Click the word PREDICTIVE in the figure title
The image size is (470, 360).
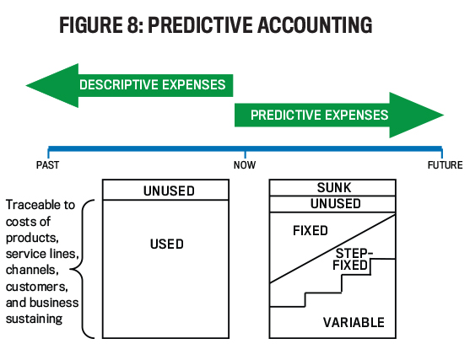point(200,24)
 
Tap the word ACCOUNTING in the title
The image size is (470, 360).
point(315,24)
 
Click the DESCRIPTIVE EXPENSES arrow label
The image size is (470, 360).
point(152,85)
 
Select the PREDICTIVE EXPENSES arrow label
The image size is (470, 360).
point(319,115)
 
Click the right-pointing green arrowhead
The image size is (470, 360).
point(416,116)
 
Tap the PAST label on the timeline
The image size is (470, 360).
point(47,165)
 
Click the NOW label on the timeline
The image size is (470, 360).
point(245,165)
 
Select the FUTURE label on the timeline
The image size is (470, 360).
point(445,165)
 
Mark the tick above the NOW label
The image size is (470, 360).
point(246,154)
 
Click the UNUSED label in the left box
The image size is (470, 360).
point(169,191)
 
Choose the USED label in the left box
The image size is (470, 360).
point(167,244)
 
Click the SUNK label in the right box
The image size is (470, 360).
point(334,188)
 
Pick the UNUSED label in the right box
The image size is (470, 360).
point(336,204)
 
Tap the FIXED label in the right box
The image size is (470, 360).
point(311,231)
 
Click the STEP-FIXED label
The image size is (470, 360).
point(353,260)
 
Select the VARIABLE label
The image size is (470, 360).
point(354,323)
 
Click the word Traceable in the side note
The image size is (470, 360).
point(30,205)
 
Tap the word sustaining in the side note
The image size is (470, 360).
point(34,320)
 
